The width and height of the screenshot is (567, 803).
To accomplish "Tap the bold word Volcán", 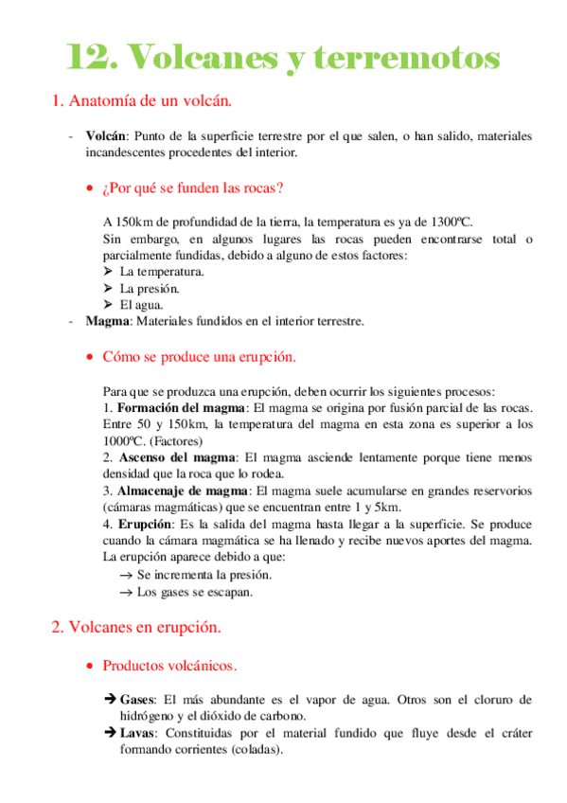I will click(x=105, y=136).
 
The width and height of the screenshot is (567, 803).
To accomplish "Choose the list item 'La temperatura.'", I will click(x=162, y=272).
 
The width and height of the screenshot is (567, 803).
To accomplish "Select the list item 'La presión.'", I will click(x=150, y=288).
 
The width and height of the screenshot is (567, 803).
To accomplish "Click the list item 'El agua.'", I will click(x=141, y=304).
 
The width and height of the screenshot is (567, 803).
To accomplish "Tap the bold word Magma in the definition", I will click(x=106, y=321).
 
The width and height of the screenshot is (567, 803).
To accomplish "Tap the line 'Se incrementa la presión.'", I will click(x=204, y=575).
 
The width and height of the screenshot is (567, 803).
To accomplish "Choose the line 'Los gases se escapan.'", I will click(x=195, y=592).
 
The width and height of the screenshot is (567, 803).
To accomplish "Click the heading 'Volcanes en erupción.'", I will click(x=143, y=627).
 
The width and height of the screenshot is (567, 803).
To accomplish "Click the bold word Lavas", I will click(x=138, y=733).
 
